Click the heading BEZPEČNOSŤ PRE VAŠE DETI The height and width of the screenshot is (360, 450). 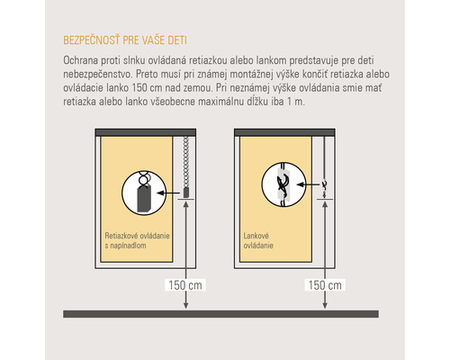pyautogui.click(x=125, y=40)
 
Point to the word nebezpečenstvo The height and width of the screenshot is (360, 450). pyautogui.click(x=97, y=74)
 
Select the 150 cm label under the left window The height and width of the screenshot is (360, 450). pyautogui.click(x=185, y=285)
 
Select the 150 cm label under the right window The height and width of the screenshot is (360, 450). pyautogui.click(x=325, y=285)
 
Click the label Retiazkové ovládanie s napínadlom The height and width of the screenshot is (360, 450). pyautogui.click(x=137, y=240)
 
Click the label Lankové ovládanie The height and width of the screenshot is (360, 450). pyautogui.click(x=258, y=240)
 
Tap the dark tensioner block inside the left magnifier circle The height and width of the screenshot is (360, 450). pyautogui.click(x=144, y=200)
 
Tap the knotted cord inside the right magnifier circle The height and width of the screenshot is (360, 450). pyautogui.click(x=283, y=184)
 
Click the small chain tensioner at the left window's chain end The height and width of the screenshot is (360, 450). pyautogui.click(x=186, y=193)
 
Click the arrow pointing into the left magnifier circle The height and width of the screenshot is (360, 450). pyautogui.click(x=168, y=193)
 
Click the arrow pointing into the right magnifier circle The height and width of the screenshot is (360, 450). pyautogui.click(x=309, y=184)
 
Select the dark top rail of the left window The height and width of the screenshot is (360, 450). pyautogui.click(x=146, y=132)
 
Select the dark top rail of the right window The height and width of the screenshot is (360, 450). pyautogui.click(x=284, y=132)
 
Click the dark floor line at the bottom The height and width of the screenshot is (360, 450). pyautogui.click(x=220, y=314)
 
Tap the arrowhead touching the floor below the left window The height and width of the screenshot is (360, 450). pyautogui.click(x=186, y=306)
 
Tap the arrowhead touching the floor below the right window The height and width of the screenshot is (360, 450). pyautogui.click(x=325, y=306)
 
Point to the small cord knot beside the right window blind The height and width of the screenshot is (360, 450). pyautogui.click(x=325, y=184)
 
